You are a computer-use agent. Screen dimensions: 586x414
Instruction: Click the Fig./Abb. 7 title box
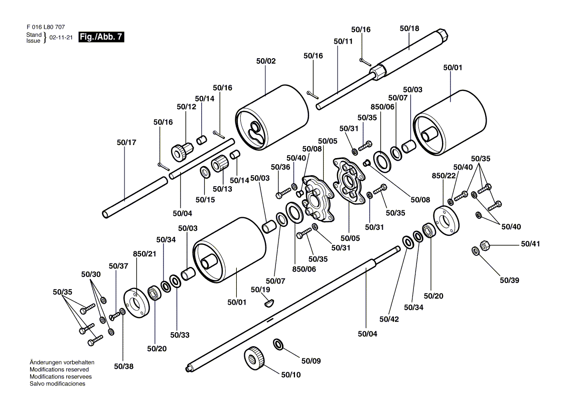pos(101,37)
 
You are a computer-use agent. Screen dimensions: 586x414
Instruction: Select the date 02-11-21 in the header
pos(61,37)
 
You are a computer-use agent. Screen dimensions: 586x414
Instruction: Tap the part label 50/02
pos(266,61)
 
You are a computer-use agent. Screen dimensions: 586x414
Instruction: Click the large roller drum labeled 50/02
pos(272,118)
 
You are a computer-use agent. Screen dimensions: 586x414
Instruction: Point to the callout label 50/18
pos(409,29)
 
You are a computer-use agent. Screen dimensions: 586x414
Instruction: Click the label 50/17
pos(126,143)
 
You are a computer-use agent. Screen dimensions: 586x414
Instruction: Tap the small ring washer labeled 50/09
pos(278,344)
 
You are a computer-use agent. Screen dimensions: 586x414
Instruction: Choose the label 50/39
pos(509,280)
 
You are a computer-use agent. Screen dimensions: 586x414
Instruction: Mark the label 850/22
pos(444,176)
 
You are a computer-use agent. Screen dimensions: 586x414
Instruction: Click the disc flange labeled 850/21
pos(136,303)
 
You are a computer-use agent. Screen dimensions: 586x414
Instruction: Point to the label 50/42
pos(389,319)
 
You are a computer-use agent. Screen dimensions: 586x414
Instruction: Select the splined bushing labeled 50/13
pos(220,164)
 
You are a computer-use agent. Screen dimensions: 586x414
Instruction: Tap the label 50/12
pos(187,107)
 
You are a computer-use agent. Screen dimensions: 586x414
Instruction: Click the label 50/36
pos(280,167)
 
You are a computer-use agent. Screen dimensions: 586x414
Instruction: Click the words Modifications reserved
pos(59,369)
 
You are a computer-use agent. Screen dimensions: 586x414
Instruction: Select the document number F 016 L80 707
pos(46,27)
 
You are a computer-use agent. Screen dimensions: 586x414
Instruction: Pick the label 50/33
pos(180,335)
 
